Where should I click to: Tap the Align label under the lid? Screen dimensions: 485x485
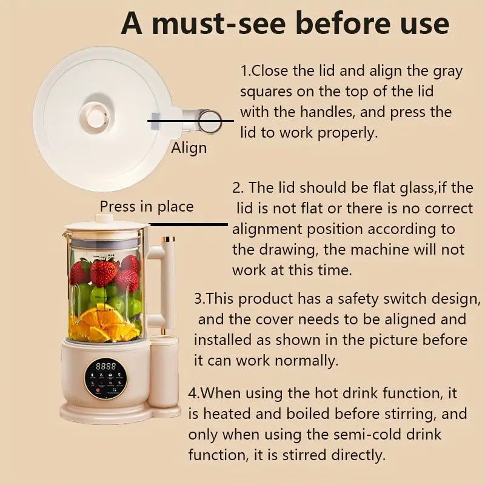pyautogui.click(x=189, y=148)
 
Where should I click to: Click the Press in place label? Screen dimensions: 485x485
pyautogui.click(x=147, y=206)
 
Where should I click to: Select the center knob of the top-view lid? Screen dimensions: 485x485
pyautogui.click(x=96, y=117)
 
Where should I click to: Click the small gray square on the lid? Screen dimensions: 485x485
pyautogui.click(x=155, y=121)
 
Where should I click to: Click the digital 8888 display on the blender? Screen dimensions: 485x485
pyautogui.click(x=107, y=367)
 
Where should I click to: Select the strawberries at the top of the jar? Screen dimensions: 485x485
pyautogui.click(x=103, y=271)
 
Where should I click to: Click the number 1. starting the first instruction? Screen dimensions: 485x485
pyautogui.click(x=246, y=71)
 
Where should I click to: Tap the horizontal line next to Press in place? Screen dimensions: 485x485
pyautogui.click(x=189, y=224)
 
